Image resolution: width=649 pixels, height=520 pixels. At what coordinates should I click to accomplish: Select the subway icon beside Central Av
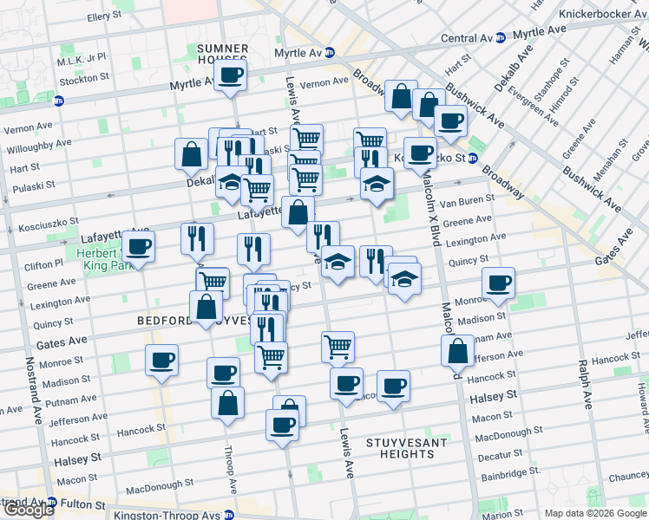[x=500, y=38]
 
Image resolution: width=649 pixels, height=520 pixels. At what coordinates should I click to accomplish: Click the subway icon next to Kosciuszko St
[x=472, y=158]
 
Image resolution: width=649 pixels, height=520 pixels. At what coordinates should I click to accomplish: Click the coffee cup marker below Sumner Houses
[x=231, y=75]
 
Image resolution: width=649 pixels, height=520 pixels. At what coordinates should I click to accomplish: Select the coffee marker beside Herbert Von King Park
[x=139, y=247]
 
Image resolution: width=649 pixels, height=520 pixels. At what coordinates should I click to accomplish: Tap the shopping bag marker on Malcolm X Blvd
[x=457, y=352]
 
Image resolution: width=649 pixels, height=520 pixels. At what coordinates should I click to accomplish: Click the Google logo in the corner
[x=28, y=510]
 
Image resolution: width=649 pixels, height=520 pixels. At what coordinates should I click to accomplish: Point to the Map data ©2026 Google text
[x=595, y=513]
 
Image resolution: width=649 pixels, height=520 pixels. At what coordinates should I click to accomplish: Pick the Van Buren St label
[x=467, y=202]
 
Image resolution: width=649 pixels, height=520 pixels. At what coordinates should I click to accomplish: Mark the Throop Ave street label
[x=232, y=468]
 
